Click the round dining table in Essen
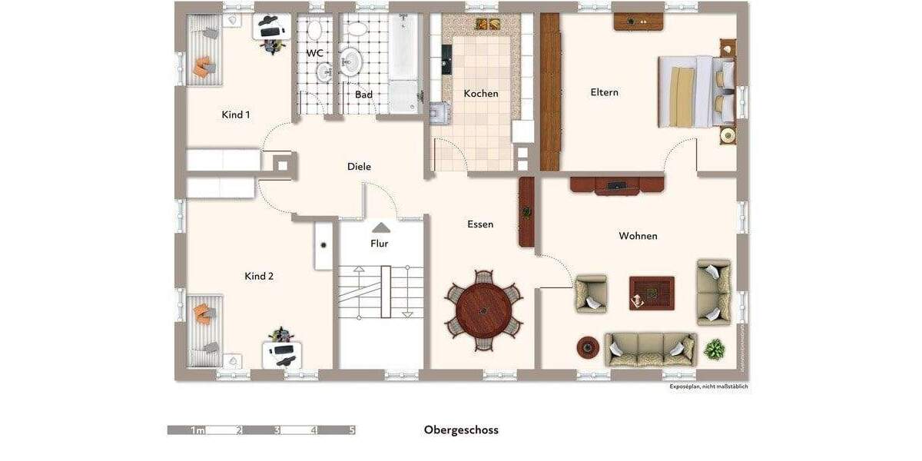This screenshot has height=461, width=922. point(484,310)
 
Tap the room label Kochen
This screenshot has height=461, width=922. point(481,94)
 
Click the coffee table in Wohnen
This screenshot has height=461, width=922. point(652,293)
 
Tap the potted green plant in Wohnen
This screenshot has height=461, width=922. point(715,350)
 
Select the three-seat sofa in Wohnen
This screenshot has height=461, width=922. point(650,350)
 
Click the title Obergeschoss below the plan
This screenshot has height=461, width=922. point(461,430)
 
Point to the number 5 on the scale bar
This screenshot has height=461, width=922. point(351,430)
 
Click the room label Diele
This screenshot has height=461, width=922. point(359,167)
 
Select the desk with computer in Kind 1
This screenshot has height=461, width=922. point(271,29)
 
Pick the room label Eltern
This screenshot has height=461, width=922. point(604,92)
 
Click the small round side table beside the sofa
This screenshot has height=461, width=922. point(589,347)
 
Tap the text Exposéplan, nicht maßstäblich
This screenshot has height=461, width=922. point(707,386)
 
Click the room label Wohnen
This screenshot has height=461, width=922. point(638,236)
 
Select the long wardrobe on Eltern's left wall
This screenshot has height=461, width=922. point(549,92)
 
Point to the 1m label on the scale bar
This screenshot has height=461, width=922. point(197,430)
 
